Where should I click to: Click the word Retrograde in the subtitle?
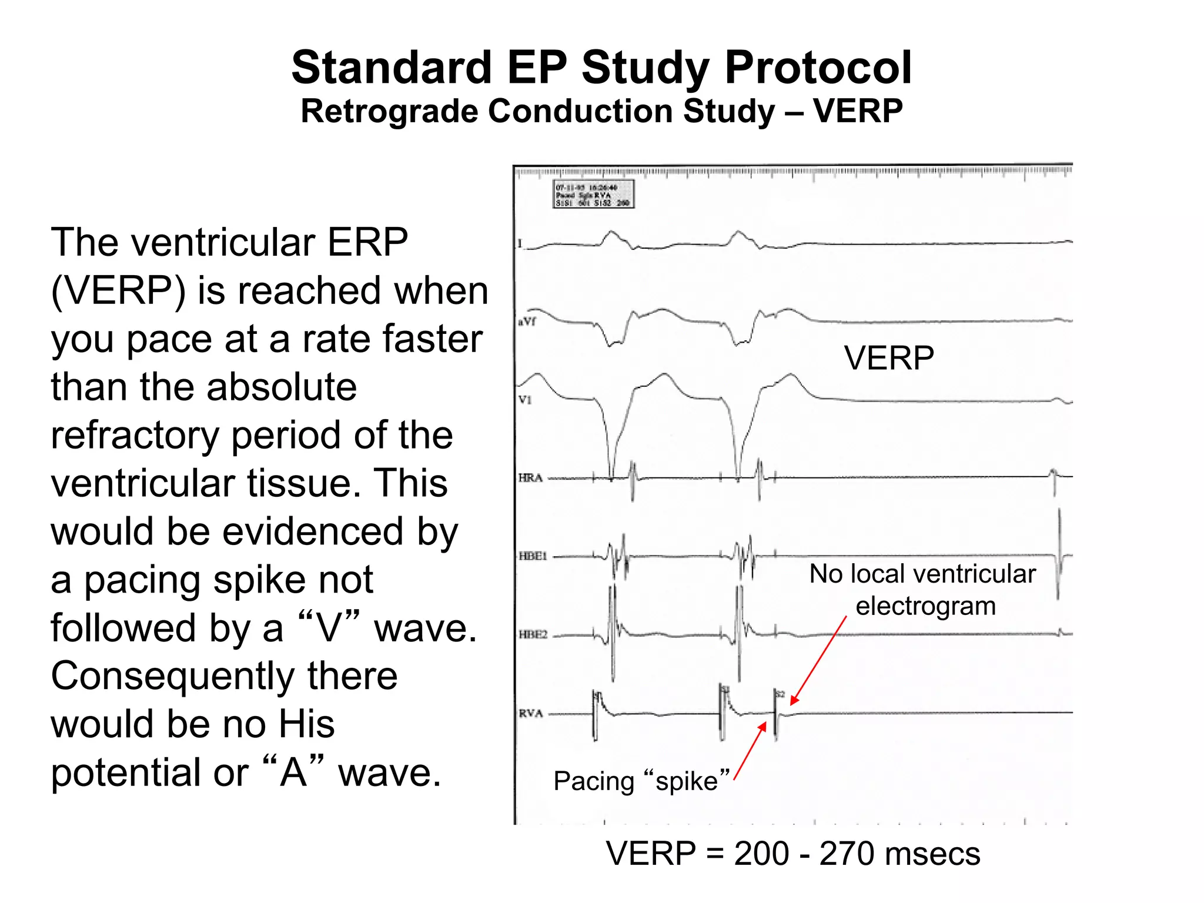(388, 112)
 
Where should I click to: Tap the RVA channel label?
(530, 714)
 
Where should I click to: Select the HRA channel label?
(530, 478)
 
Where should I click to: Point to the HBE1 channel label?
(533, 556)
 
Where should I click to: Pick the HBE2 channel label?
(533, 635)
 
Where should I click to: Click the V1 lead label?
(524, 400)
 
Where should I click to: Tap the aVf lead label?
(526, 322)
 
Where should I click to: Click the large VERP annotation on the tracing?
(888, 357)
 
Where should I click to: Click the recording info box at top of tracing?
(593, 195)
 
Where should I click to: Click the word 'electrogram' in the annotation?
(925, 606)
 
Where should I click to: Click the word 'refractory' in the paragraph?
(135, 436)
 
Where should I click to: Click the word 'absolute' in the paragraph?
(282, 387)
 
